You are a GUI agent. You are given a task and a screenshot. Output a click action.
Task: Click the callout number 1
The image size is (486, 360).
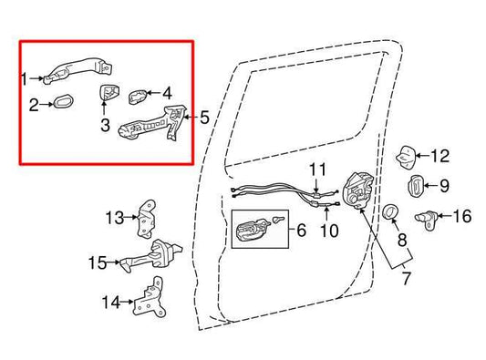point(26,79)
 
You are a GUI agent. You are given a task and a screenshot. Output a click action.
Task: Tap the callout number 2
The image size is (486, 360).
point(32,106)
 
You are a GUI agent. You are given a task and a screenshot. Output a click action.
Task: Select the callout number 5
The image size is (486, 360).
point(204,117)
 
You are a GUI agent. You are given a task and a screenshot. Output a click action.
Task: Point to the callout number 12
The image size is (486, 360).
point(440,155)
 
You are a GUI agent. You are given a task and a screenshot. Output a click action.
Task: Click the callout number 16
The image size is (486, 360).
point(462,216)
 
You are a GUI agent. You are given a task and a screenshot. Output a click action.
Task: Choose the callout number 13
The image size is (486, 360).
point(114,217)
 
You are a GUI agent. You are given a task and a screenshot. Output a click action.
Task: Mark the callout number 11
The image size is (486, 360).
point(316,170)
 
